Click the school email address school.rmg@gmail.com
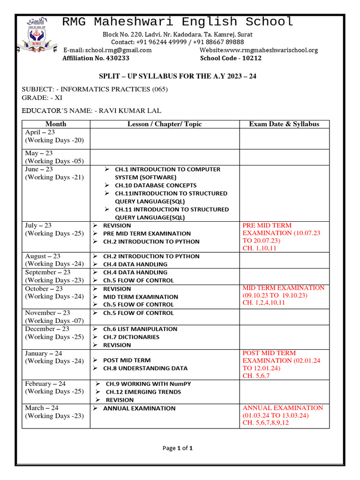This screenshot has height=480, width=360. [x=107, y=50]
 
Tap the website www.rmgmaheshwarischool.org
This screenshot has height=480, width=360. [x=258, y=50]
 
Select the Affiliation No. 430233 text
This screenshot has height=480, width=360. [x=96, y=59]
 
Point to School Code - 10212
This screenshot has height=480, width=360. [x=231, y=59]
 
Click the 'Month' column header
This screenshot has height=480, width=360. [x=56, y=124]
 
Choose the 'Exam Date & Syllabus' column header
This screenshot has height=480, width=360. [x=284, y=124]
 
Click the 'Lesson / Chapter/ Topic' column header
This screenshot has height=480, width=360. [x=165, y=124]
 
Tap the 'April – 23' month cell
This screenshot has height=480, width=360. [x=40, y=133]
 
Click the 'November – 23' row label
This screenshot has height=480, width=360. [x=47, y=313]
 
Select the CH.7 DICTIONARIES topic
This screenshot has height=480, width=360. [x=131, y=337]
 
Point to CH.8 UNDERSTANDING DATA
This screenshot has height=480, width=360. [x=145, y=368]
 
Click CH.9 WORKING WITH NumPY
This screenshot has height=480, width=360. [x=148, y=384]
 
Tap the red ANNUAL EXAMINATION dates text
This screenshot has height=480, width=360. [x=276, y=416]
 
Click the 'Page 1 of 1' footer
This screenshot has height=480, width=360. [x=178, y=448]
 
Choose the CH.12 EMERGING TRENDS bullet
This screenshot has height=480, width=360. [x=143, y=392]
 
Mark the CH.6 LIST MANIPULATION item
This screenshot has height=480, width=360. [x=140, y=329]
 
